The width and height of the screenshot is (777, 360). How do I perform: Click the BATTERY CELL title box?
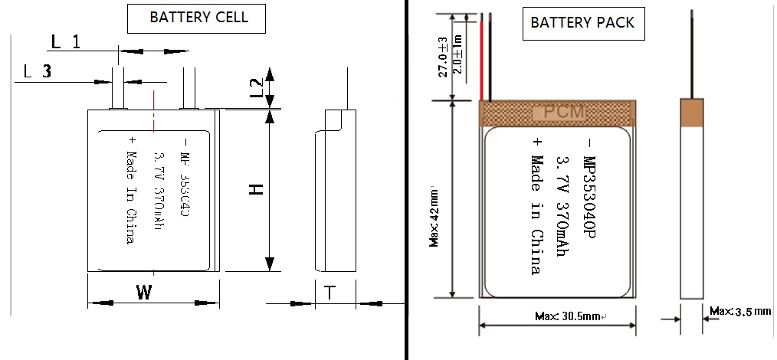[198, 18]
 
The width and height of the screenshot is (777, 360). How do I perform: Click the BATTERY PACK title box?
[582, 22]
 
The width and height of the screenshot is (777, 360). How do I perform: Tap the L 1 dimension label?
[65, 42]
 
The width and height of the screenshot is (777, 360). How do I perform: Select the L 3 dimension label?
[38, 72]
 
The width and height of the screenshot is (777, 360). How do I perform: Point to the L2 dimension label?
[257, 87]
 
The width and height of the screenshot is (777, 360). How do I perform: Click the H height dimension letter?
[257, 189]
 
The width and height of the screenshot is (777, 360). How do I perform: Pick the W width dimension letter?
[143, 292]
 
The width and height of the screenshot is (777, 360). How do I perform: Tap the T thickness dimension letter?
[329, 293]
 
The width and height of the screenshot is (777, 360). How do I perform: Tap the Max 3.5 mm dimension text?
[739, 312]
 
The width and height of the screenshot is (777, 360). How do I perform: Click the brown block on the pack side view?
[692, 113]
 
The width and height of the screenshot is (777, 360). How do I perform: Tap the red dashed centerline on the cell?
[154, 184]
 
